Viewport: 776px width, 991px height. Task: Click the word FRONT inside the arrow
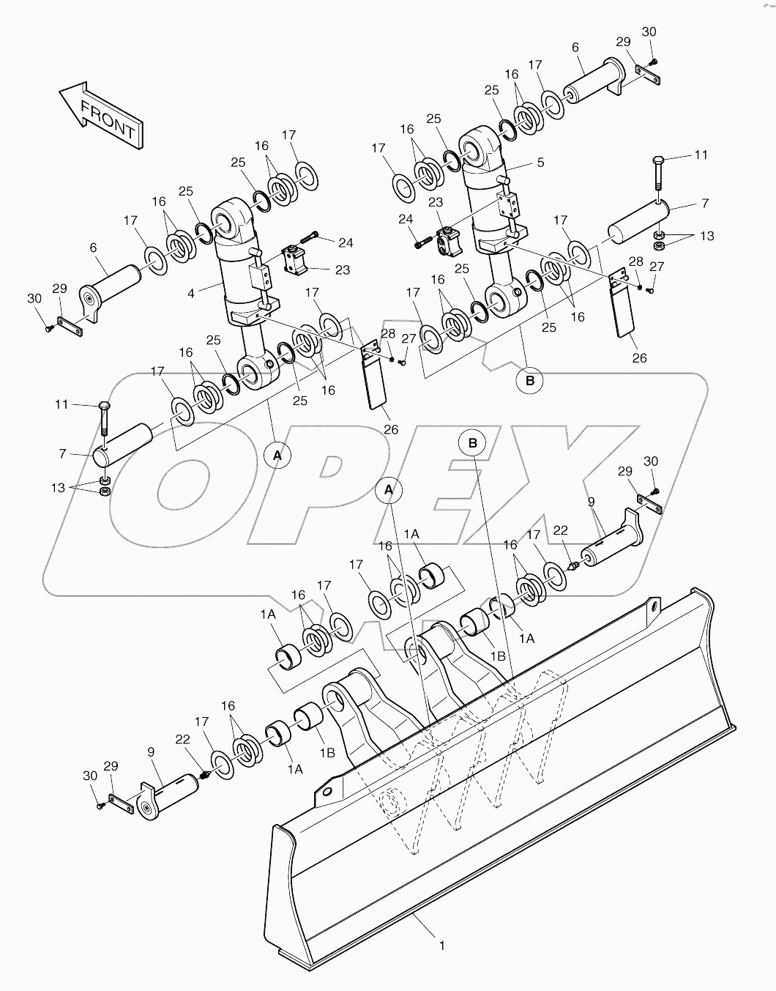click(x=107, y=119)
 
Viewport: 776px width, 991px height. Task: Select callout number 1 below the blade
click(x=441, y=946)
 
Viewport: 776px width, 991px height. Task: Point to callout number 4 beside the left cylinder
click(x=191, y=294)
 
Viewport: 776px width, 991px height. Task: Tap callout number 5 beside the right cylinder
click(x=540, y=163)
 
